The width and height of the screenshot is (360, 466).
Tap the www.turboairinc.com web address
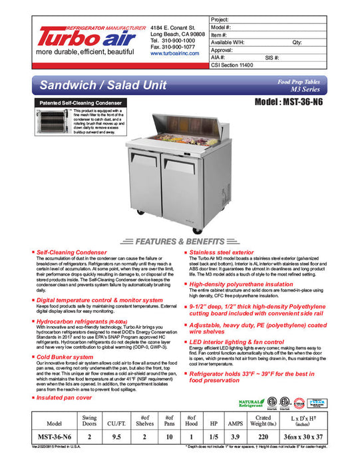click(175, 53)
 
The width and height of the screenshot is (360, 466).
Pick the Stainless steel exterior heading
click(222, 253)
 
